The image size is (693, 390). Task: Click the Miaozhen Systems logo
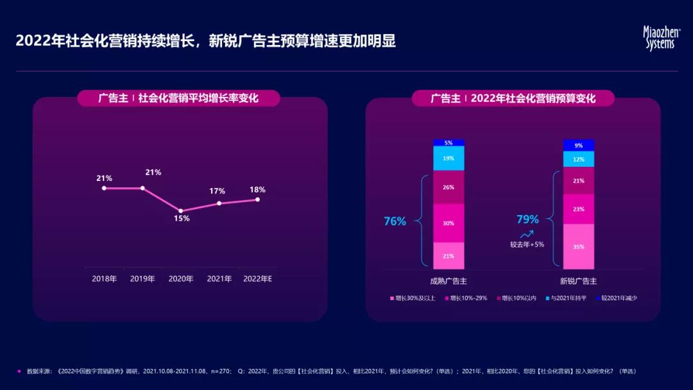click(x=661, y=38)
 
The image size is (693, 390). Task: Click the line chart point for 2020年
click(x=181, y=210)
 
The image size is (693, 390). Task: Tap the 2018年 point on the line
click(x=104, y=188)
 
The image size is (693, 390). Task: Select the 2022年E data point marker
click(x=257, y=199)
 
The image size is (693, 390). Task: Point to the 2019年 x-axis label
click(x=142, y=279)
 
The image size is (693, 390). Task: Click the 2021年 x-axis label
click(x=219, y=279)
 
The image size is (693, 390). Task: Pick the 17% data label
click(x=217, y=191)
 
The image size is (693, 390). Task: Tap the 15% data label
click(x=182, y=219)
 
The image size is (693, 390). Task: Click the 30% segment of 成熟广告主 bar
click(x=449, y=223)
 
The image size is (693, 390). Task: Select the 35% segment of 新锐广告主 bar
click(x=578, y=246)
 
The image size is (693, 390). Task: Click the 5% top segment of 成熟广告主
click(x=449, y=142)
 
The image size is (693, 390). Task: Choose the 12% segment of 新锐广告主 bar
click(x=578, y=159)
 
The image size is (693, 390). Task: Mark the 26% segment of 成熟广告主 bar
click(x=449, y=187)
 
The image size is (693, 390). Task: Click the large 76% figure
click(x=395, y=221)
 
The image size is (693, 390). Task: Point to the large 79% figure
click(x=527, y=219)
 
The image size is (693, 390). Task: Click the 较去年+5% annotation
click(x=527, y=244)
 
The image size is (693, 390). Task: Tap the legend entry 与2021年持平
click(x=565, y=298)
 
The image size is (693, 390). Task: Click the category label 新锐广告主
click(x=578, y=281)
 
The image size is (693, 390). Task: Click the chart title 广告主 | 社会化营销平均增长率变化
click(x=178, y=98)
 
